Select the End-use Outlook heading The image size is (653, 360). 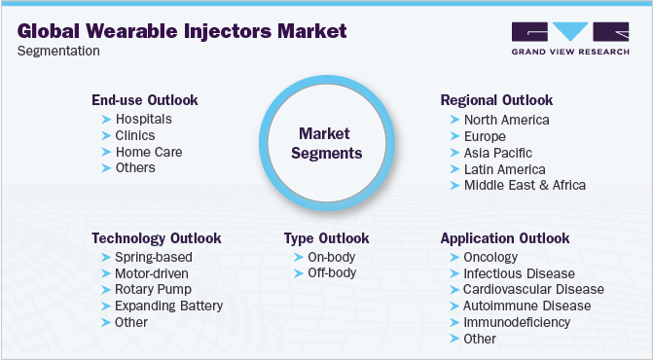point(145,100)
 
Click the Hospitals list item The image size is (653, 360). point(144,119)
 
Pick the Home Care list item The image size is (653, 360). point(149,152)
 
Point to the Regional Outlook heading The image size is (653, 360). point(496,100)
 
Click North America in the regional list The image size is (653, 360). point(506,120)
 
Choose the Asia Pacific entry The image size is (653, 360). point(497,153)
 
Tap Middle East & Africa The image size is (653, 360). point(525,185)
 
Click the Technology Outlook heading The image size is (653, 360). point(156,237)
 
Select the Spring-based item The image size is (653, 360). point(153,257)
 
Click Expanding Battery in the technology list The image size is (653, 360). point(169,306)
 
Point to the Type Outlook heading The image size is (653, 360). point(326,237)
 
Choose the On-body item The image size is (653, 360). point(333,257)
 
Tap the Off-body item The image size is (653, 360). point(333,272)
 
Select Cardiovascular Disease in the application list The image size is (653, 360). point(533,289)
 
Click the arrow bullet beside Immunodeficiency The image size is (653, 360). point(455,322)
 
